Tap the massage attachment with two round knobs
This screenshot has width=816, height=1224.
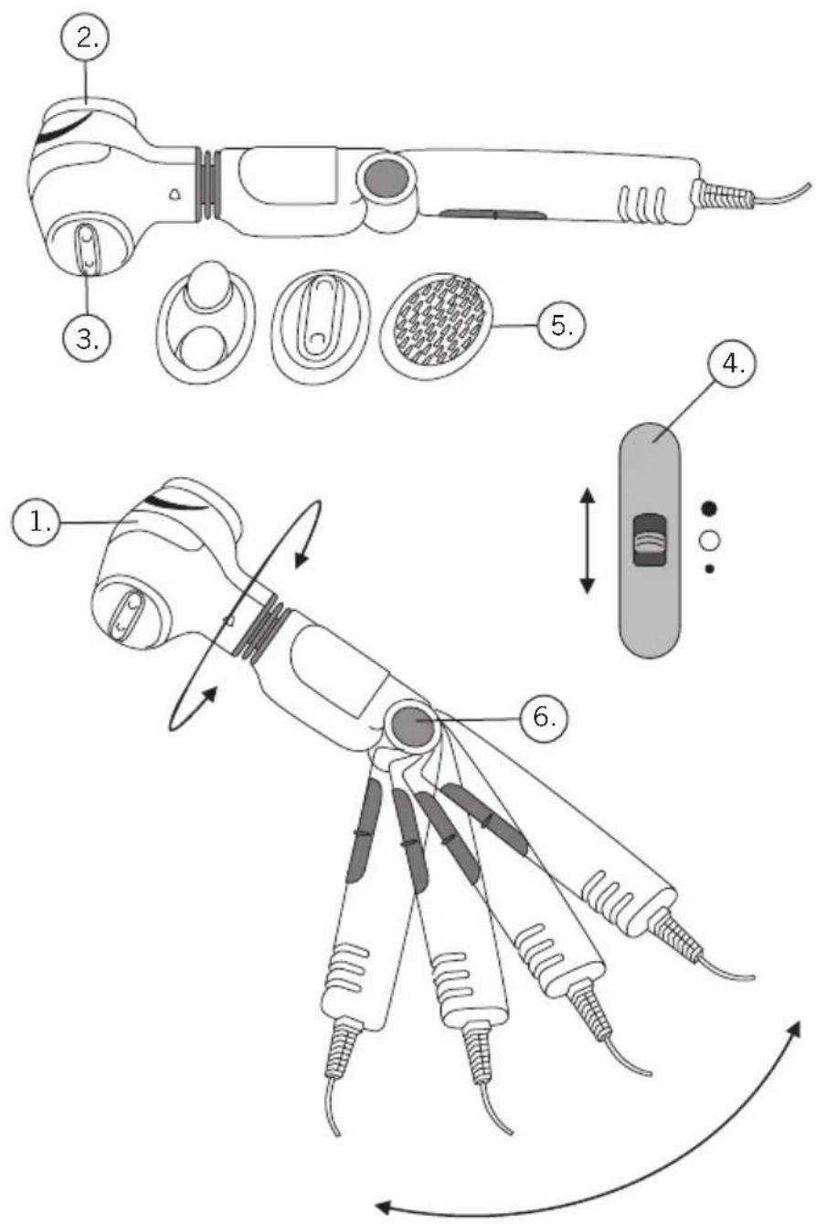(x=206, y=318)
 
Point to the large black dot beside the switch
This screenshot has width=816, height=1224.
(x=708, y=508)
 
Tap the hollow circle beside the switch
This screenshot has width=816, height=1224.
(x=709, y=541)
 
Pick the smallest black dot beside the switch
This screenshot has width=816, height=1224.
(x=709, y=570)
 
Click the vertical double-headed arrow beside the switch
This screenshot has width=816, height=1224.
(x=587, y=541)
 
